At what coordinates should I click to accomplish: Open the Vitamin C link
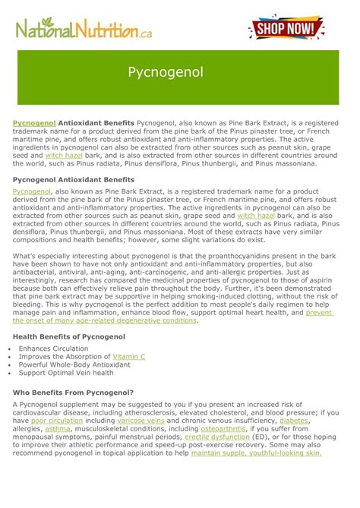tap(128, 355)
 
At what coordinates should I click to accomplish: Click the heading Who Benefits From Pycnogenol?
tap(74, 393)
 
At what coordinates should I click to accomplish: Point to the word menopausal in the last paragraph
tap(37, 437)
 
